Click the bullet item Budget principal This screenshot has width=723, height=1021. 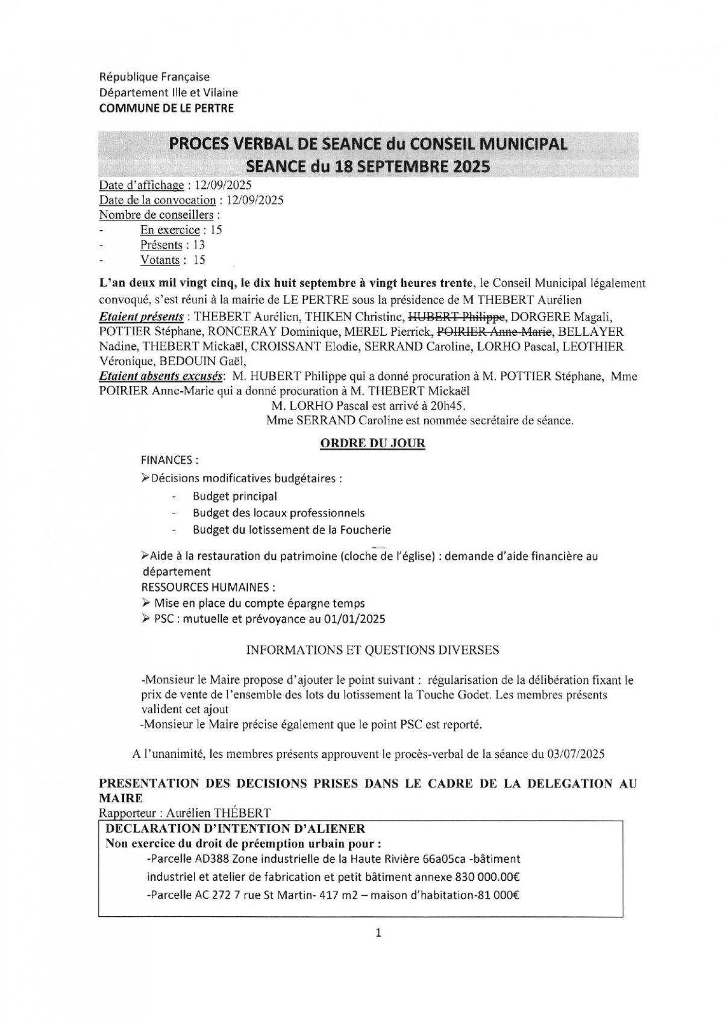click(x=234, y=497)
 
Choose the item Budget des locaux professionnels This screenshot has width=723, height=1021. click(x=278, y=514)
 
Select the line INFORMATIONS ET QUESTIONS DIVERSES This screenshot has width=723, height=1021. click(x=373, y=650)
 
